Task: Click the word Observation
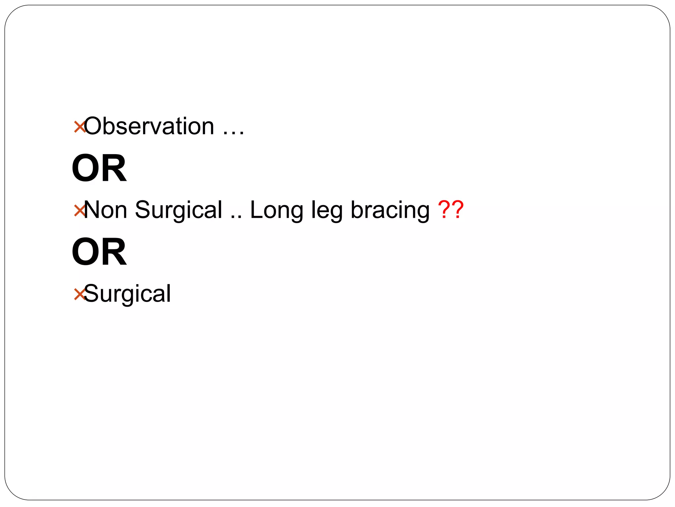pyautogui.click(x=149, y=126)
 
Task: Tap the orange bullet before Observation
pyautogui.click(x=79, y=127)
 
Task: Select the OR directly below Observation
pyautogui.click(x=99, y=168)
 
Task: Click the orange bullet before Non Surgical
pyautogui.click(x=79, y=210)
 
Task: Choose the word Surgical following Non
pyautogui.click(x=179, y=210)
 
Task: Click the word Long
pyautogui.click(x=277, y=210)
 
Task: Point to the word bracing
pyautogui.click(x=390, y=210)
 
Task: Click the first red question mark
pyautogui.click(x=444, y=209)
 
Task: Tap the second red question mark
pyautogui.click(x=458, y=209)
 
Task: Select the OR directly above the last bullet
pyautogui.click(x=99, y=252)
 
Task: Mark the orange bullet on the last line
pyautogui.click(x=79, y=294)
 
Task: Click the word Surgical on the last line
pyautogui.click(x=128, y=293)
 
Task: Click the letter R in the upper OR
pyautogui.click(x=114, y=168)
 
